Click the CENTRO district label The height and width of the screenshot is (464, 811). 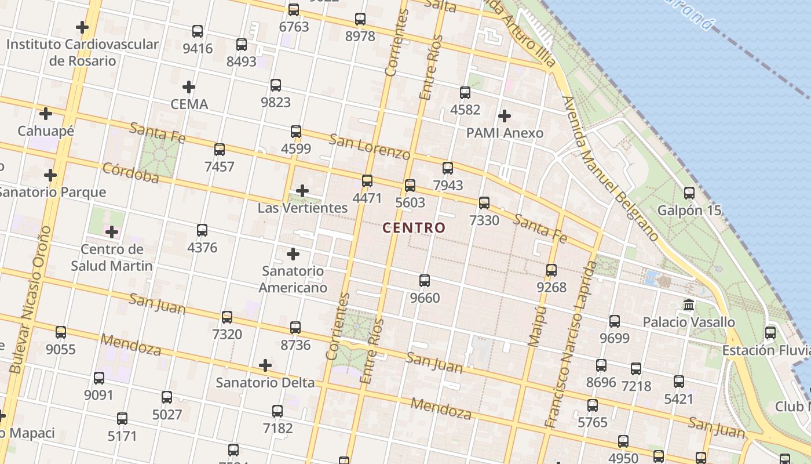point(414,227)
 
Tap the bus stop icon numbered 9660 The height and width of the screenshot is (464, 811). point(425,281)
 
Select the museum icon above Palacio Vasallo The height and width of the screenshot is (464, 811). point(689,304)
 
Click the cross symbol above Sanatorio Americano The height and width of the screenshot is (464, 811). point(293,254)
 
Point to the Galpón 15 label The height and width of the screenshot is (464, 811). point(689,211)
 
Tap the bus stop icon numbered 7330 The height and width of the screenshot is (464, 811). point(484,203)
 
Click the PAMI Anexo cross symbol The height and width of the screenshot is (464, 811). point(505,116)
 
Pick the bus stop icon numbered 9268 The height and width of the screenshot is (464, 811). point(551,270)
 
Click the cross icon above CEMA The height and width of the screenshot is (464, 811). point(189,88)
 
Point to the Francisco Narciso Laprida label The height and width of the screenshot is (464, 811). point(571,345)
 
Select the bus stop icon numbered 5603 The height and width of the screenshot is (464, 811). point(410,186)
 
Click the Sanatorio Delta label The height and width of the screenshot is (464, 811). point(265,383)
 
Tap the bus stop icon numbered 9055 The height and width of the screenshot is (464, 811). point(61,332)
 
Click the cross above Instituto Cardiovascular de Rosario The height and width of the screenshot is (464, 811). point(82,27)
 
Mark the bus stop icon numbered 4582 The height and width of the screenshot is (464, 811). point(465,93)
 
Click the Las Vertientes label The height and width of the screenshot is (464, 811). point(302,208)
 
